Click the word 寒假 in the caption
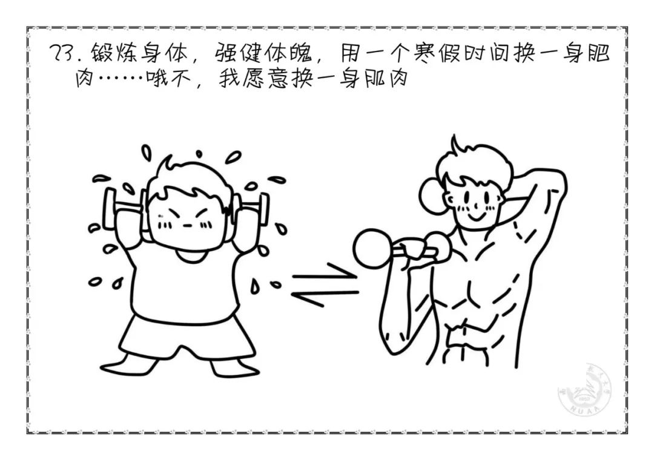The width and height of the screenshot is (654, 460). pos(437,53)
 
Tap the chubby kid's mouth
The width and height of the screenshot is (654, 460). pos(188,226)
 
